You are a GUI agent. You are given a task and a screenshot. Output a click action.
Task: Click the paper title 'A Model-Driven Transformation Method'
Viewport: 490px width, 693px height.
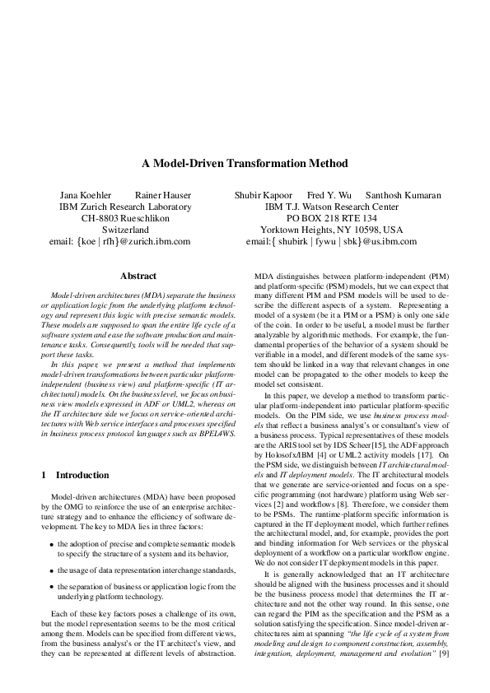pos(245,164)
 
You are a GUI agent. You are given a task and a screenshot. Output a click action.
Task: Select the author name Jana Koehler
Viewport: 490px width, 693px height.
pos(82,195)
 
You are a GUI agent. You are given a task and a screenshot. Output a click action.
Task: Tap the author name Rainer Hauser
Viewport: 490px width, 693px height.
pos(163,195)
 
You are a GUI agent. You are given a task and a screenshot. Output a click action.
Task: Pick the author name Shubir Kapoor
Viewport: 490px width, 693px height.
pos(263,195)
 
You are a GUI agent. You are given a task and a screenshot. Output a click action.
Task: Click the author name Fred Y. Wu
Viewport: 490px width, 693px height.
pos(329,195)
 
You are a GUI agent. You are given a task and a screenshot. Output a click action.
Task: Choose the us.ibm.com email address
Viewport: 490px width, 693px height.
pos(331,242)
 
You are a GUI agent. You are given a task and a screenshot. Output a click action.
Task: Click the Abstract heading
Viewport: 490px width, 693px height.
pos(138,277)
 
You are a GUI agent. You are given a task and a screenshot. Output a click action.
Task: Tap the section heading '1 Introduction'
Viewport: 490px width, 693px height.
pos(74,475)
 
